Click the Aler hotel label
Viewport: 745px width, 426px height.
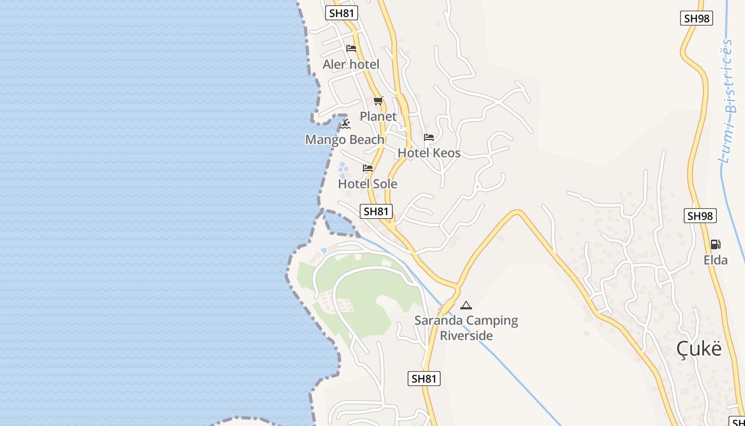351,64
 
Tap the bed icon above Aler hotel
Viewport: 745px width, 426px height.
351,48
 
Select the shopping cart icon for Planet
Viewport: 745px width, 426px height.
378,101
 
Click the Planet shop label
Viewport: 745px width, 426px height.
378,116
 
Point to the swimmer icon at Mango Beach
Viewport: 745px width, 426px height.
345,124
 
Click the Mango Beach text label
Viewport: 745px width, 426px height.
344,140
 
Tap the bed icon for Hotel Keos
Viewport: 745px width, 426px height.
429,137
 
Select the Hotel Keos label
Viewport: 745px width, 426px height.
429,153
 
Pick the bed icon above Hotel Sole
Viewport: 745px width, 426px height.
368,168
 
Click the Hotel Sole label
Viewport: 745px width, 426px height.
368,184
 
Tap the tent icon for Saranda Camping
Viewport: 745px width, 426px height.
466,305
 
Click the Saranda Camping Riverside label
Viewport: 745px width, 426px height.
466,328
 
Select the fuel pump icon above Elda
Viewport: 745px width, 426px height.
716,244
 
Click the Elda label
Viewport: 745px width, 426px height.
716,260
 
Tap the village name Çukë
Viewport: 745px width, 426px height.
699,349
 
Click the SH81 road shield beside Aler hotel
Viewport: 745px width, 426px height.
342,13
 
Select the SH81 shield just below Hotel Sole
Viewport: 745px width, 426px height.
376,211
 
